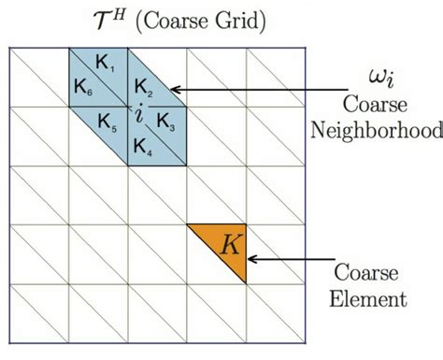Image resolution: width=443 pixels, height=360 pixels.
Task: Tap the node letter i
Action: pos(138,114)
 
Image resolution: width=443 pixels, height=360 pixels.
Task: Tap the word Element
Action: pos(373,300)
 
